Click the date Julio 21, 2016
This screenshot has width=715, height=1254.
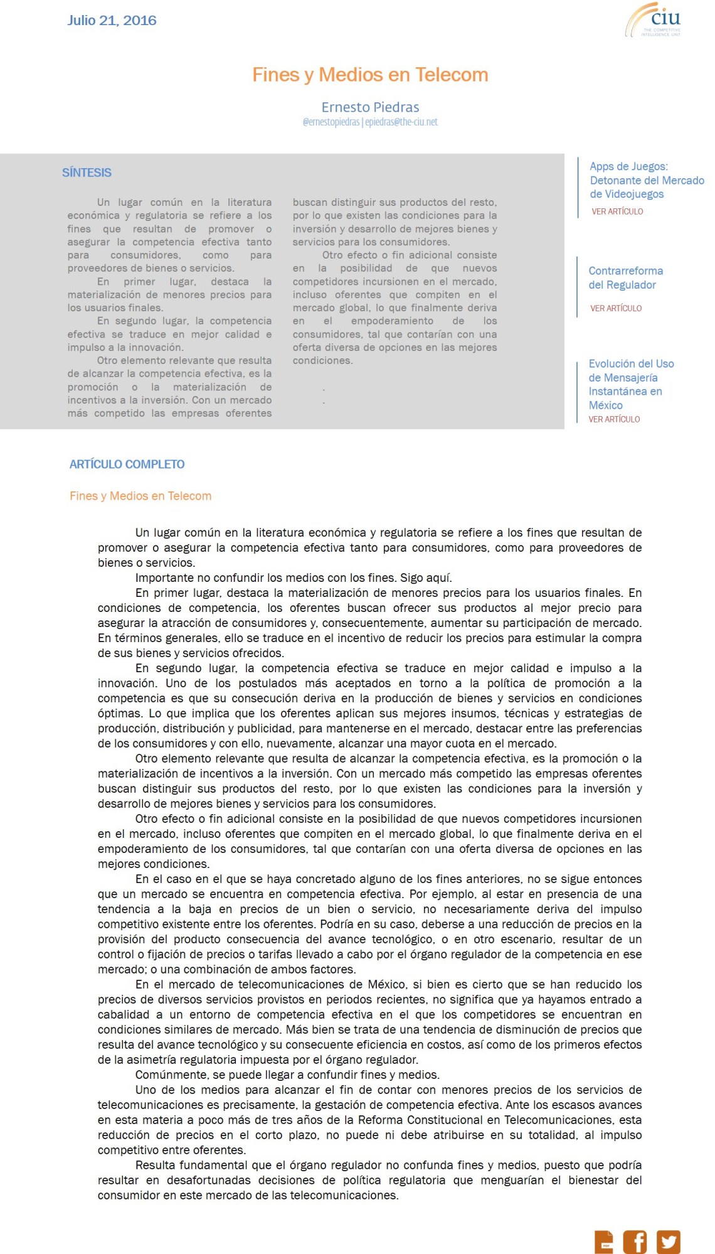[x=112, y=21]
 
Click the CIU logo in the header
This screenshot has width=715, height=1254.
[x=654, y=21]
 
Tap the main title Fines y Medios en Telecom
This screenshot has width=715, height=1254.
[x=370, y=75]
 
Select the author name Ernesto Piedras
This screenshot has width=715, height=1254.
[x=370, y=107]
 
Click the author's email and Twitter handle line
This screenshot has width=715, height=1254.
[x=370, y=122]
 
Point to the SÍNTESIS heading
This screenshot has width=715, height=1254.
[x=87, y=173]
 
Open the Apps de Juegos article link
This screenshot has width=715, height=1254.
[x=646, y=180]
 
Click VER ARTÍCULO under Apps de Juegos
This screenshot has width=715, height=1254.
[x=617, y=212]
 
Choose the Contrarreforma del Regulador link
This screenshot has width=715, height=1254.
[x=625, y=277]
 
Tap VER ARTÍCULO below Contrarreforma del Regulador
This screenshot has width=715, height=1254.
[x=615, y=308]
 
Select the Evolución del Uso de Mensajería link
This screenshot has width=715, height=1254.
[x=630, y=384]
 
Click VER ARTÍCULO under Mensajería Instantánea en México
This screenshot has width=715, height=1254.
[x=614, y=419]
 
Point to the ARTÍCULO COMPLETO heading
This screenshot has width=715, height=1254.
[x=127, y=464]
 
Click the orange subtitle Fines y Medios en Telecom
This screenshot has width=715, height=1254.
[x=140, y=496]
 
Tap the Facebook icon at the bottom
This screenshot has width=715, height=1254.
[x=634, y=1241]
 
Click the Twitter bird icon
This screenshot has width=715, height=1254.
[x=668, y=1241]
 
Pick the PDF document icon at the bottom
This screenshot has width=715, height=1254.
[x=604, y=1241]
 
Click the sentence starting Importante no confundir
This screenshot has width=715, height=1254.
[x=294, y=577]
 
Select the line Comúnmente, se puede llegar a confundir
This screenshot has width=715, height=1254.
[x=287, y=1074]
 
